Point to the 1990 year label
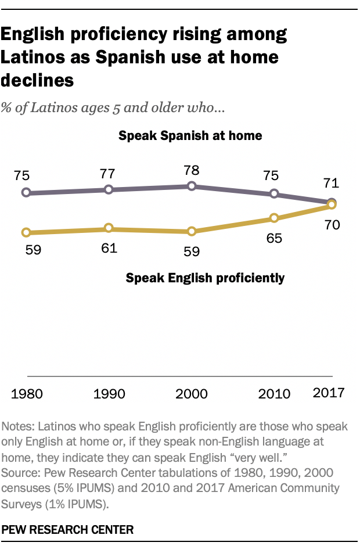pyautogui.click(x=109, y=394)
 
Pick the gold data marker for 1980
pyautogui.click(x=26, y=232)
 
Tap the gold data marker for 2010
pyautogui.click(x=274, y=218)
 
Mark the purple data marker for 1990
pyautogui.click(x=109, y=189)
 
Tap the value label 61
pyautogui.click(x=109, y=249)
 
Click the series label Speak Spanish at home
pyautogui.click(x=190, y=136)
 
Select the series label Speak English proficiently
pyautogui.click(x=205, y=278)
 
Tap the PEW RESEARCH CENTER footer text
pyautogui.click(x=69, y=530)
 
